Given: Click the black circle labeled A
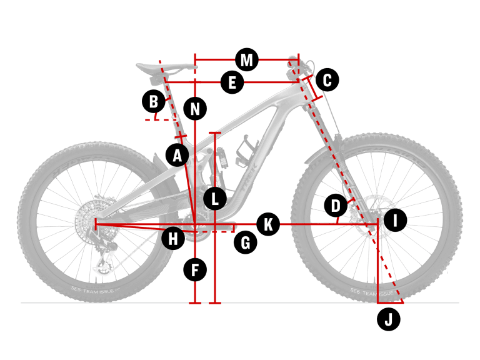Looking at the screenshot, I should tap(177, 154).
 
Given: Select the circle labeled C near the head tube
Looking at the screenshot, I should tap(327, 79).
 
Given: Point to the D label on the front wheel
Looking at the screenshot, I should tap(336, 205).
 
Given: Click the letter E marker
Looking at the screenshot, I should tap(232, 82).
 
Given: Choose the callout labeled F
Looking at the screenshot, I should tap(195, 270).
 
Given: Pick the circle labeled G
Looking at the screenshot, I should tap(246, 242).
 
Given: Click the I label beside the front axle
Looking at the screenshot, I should tap(396, 220).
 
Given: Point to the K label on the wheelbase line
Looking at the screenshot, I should tap(268, 224).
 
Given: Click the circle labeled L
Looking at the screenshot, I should tap(214, 199).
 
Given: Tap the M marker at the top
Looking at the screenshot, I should tap(247, 60).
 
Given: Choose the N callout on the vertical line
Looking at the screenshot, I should tap(196, 109).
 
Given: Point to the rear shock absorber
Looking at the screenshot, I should tap(221, 156).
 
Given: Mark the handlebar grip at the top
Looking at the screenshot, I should tap(294, 63).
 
